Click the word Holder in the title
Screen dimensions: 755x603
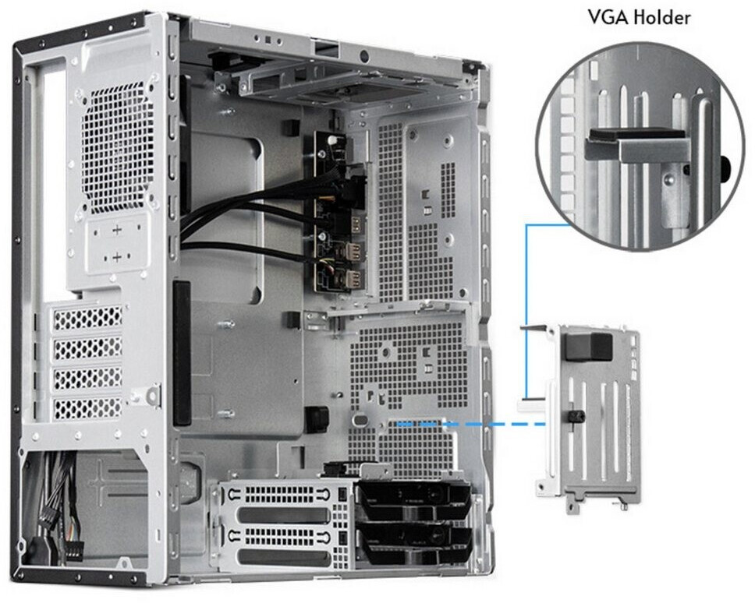[662, 18]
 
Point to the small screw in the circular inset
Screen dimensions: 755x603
[668, 179]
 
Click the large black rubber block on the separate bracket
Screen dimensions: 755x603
[588, 347]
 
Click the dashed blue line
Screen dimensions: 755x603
[470, 424]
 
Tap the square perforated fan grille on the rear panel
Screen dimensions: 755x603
[117, 149]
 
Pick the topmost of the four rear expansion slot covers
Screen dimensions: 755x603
[87, 318]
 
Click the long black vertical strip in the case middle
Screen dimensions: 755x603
[182, 354]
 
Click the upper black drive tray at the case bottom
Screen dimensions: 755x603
[413, 500]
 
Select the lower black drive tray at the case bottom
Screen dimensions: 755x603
[413, 542]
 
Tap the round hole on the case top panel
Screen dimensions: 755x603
[363, 56]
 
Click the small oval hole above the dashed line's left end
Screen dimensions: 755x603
[360, 420]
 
